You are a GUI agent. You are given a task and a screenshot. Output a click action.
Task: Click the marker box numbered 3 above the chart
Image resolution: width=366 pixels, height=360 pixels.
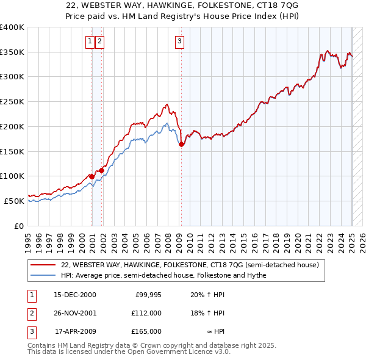tap(180, 41)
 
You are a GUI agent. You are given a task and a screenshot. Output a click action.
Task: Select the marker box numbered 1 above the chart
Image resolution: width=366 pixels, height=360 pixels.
tap(90, 41)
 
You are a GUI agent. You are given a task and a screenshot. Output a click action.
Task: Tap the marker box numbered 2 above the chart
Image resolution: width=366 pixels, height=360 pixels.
tap(99, 41)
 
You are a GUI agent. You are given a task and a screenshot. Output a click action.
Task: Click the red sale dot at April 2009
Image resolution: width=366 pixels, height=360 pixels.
tap(181, 145)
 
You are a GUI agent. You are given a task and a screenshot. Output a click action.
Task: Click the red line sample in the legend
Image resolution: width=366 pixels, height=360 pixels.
tap(43, 265)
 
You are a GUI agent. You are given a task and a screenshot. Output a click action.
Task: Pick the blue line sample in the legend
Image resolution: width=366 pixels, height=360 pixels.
tap(43, 275)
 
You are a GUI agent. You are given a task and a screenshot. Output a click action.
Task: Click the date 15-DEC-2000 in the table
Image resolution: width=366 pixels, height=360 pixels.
tap(75, 295)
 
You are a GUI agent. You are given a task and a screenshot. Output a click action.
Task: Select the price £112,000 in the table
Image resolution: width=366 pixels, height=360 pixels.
tap(147, 313)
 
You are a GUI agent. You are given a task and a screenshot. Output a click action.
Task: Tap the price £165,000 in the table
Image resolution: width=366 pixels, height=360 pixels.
tap(147, 331)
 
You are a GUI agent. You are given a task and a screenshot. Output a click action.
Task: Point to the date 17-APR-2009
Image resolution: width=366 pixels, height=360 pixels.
tap(75, 331)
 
